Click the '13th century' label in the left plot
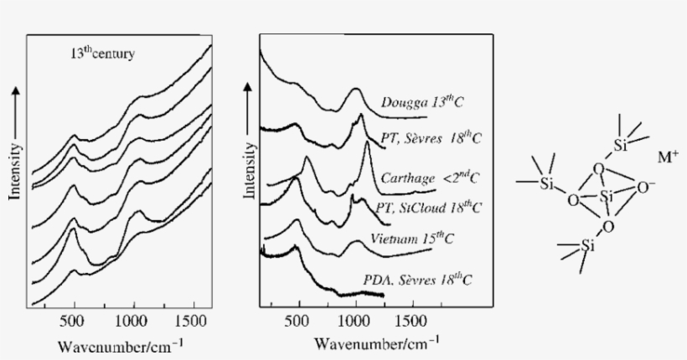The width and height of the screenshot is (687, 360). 102,54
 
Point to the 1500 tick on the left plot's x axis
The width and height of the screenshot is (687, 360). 189,322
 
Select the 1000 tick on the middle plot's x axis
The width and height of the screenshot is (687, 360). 354,321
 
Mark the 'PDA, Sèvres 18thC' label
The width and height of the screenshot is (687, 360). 424,280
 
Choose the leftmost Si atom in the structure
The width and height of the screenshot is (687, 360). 548,183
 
